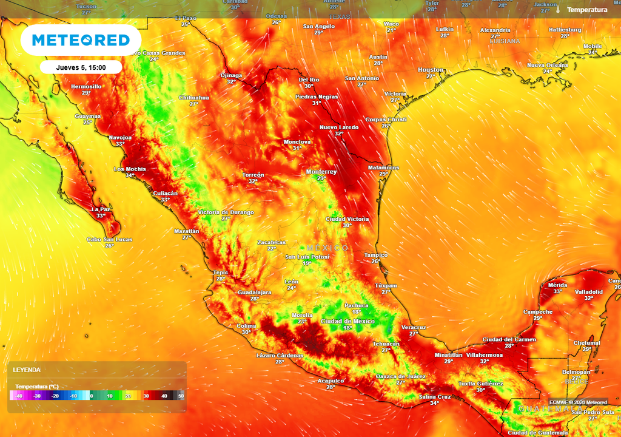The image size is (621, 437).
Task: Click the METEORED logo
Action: click(81, 40)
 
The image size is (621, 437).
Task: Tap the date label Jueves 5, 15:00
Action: click(81, 67)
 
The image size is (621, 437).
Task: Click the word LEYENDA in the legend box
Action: click(28, 370)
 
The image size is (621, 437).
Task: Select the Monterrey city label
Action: click(321, 172)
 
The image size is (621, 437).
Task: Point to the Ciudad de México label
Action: click(347, 321)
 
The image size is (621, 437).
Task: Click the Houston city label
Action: click(431, 70)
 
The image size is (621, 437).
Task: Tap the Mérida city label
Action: click(557, 285)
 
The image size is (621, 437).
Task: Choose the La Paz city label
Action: click(101, 209)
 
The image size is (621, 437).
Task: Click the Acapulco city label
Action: click(331, 381)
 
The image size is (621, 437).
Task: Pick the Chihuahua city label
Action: click(194, 97)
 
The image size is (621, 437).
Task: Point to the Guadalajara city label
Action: click(254, 292)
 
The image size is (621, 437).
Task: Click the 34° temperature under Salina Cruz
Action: click(434, 403)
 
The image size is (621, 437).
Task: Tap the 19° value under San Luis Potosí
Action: click(307, 263)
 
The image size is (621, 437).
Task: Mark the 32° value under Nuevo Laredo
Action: click(339, 134)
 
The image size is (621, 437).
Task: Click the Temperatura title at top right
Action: click(587, 10)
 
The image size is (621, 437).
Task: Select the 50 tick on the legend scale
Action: click(181, 396)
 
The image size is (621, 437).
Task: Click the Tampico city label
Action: click(375, 255)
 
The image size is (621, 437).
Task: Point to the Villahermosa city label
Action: click(484, 354)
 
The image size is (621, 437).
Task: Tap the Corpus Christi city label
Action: click(386, 120)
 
